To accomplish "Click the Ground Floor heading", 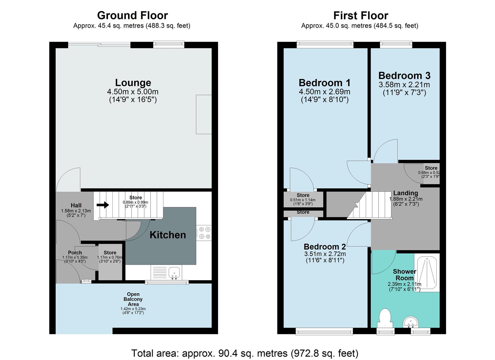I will [x=132, y=15].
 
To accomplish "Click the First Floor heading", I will [x=361, y=16].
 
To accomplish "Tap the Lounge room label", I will [x=133, y=83].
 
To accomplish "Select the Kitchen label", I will [x=168, y=235].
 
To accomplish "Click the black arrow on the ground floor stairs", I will [x=103, y=205].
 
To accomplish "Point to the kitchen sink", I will [x=174, y=273].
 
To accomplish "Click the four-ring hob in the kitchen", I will [x=204, y=233].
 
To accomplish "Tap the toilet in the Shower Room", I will [x=385, y=317].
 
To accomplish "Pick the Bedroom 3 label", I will [x=404, y=76].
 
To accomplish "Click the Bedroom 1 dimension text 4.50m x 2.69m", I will [x=324, y=92].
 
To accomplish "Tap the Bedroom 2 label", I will [x=325, y=247].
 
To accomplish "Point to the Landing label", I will [x=405, y=193].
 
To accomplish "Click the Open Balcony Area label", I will [x=133, y=299].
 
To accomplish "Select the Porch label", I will [x=75, y=253].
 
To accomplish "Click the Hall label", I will [x=76, y=205].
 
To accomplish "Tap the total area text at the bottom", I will [x=245, y=353].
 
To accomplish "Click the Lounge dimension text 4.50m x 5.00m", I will [x=133, y=92].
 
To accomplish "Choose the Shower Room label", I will [x=404, y=275].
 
